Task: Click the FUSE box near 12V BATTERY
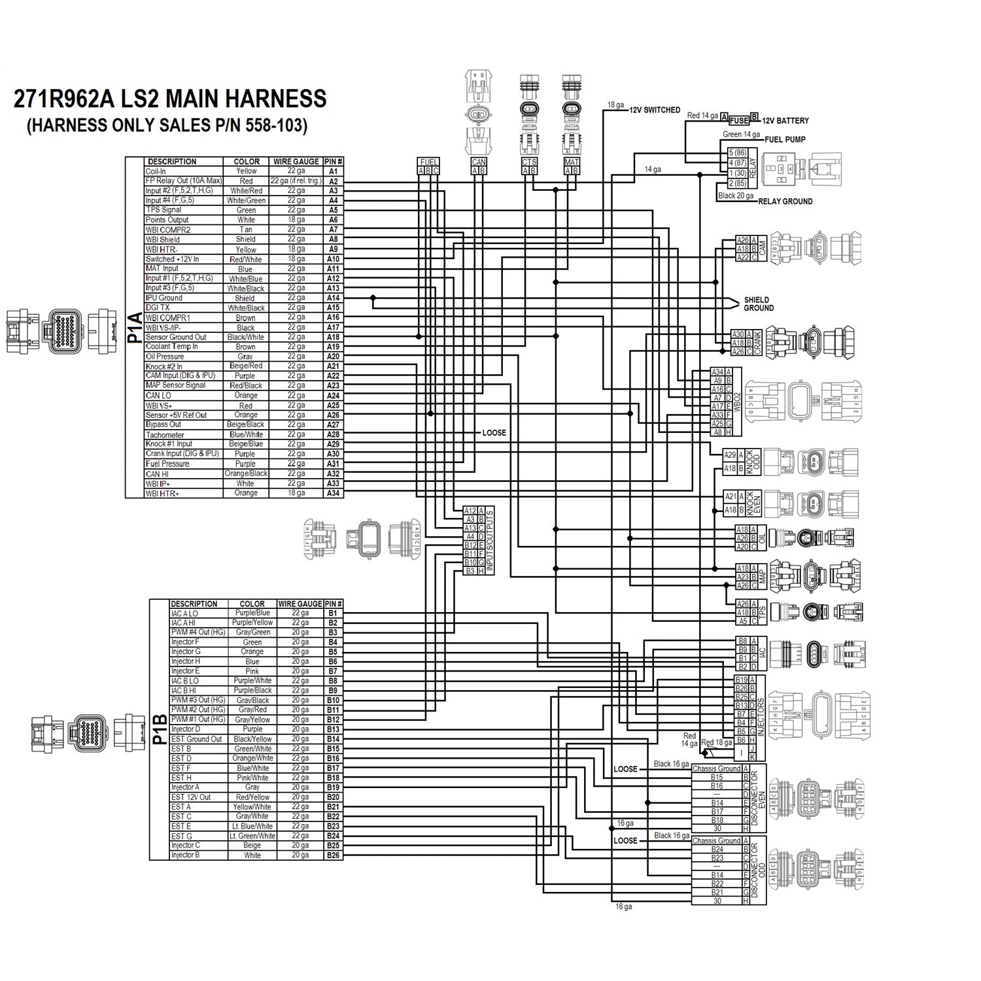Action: coord(739,120)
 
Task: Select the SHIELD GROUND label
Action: coord(758,304)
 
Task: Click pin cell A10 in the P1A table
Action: coord(334,259)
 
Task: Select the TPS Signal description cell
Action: coord(163,210)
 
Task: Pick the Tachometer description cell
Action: coord(165,434)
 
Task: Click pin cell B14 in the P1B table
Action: coord(334,739)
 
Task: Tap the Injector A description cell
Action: coord(185,787)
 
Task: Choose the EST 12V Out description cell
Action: coord(191,797)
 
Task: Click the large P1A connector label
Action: coord(135,327)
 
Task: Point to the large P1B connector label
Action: coord(159,729)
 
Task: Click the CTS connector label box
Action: coord(528,162)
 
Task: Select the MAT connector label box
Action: coord(572,162)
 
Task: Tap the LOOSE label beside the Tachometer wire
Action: coord(494,433)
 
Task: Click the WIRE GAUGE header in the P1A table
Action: coord(296,162)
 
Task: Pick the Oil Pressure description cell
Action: coord(165,356)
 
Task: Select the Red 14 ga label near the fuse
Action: coord(702,116)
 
